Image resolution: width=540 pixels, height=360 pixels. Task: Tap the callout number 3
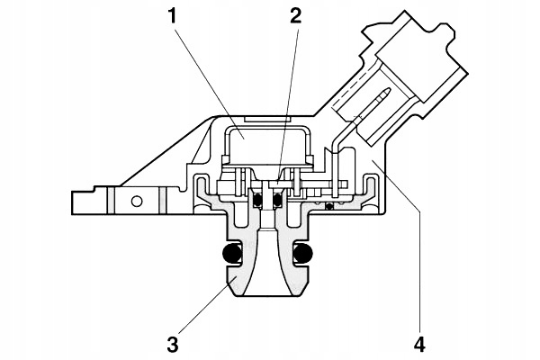(x=172, y=342)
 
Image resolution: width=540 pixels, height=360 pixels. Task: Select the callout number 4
(x=420, y=342)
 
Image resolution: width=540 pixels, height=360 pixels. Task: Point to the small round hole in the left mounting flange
(x=137, y=200)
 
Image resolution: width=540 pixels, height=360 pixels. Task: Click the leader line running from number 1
(x=205, y=76)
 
